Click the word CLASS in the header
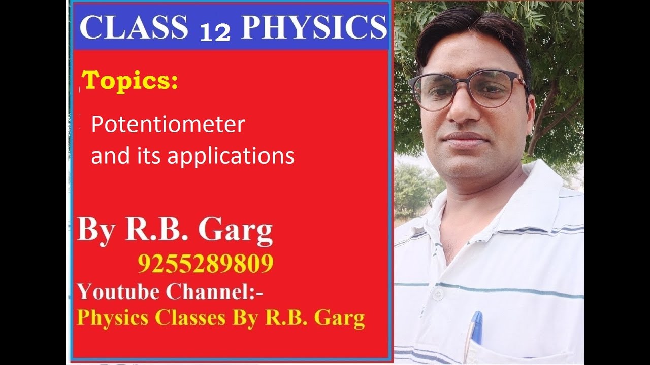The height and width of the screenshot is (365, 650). click(134, 28)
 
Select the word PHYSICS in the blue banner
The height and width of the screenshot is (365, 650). click(313, 28)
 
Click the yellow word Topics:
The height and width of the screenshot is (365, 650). click(130, 81)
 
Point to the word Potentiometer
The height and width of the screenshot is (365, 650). click(168, 125)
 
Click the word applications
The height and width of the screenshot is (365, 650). click(231, 156)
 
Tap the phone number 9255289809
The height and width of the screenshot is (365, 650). click(205, 264)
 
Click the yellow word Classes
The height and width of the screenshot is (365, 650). click(190, 318)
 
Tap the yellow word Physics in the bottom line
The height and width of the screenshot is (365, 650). click(113, 318)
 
